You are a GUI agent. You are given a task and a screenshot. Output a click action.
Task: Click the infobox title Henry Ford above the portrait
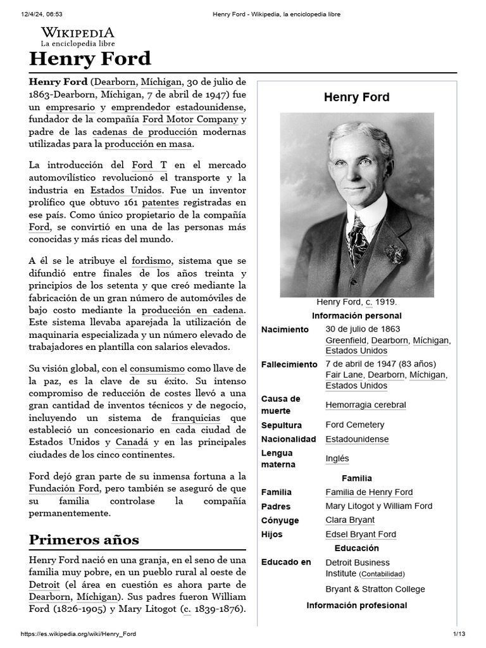coord(356,97)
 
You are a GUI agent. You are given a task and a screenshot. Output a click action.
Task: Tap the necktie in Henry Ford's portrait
coord(356,239)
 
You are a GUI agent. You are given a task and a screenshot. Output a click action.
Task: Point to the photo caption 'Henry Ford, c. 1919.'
coord(356,302)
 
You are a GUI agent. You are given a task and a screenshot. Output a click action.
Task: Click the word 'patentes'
coord(160,202)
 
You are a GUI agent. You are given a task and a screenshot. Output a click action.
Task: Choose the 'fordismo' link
coord(151,260)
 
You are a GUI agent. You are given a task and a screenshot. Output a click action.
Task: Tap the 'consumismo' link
coord(157,368)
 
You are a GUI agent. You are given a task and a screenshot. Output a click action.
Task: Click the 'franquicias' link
coord(196,418)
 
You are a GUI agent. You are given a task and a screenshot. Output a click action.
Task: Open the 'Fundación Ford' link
coord(64,488)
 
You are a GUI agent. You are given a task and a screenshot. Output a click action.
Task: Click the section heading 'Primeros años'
coord(84,540)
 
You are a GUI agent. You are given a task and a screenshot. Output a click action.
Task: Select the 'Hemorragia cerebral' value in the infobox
coord(365,405)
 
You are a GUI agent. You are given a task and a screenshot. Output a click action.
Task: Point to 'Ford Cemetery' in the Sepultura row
coord(354,425)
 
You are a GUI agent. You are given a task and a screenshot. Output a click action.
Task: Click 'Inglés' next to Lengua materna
coord(337,459)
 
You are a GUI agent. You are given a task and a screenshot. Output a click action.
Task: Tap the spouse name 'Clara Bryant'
coord(350,520)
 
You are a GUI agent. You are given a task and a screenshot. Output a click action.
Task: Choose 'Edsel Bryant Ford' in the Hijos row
coord(361,534)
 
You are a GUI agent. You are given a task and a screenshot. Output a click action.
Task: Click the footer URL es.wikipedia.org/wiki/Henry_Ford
coord(78,634)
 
